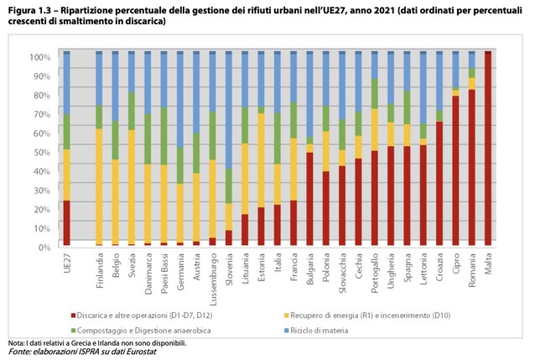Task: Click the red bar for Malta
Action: tap(488, 149)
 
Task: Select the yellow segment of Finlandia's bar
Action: tap(99, 186)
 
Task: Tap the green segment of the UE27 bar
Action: tap(67, 132)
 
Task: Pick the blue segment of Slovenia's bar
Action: tap(229, 110)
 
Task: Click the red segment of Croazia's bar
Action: tap(439, 184)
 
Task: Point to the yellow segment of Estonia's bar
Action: tap(261, 160)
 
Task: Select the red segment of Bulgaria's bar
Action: tap(309, 199)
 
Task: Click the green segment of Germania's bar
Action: tap(180, 165)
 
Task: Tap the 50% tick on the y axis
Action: tap(59, 153)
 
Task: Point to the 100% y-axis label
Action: tap(40, 57)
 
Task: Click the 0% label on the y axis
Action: tap(44, 248)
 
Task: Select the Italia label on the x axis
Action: tap(278, 263)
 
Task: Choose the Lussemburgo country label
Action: tap(213, 279)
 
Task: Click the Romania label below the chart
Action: tap(472, 269)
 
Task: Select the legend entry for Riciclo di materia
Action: tap(316, 331)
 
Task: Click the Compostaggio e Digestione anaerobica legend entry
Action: tap(141, 331)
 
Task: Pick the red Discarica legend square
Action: tap(73, 316)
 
